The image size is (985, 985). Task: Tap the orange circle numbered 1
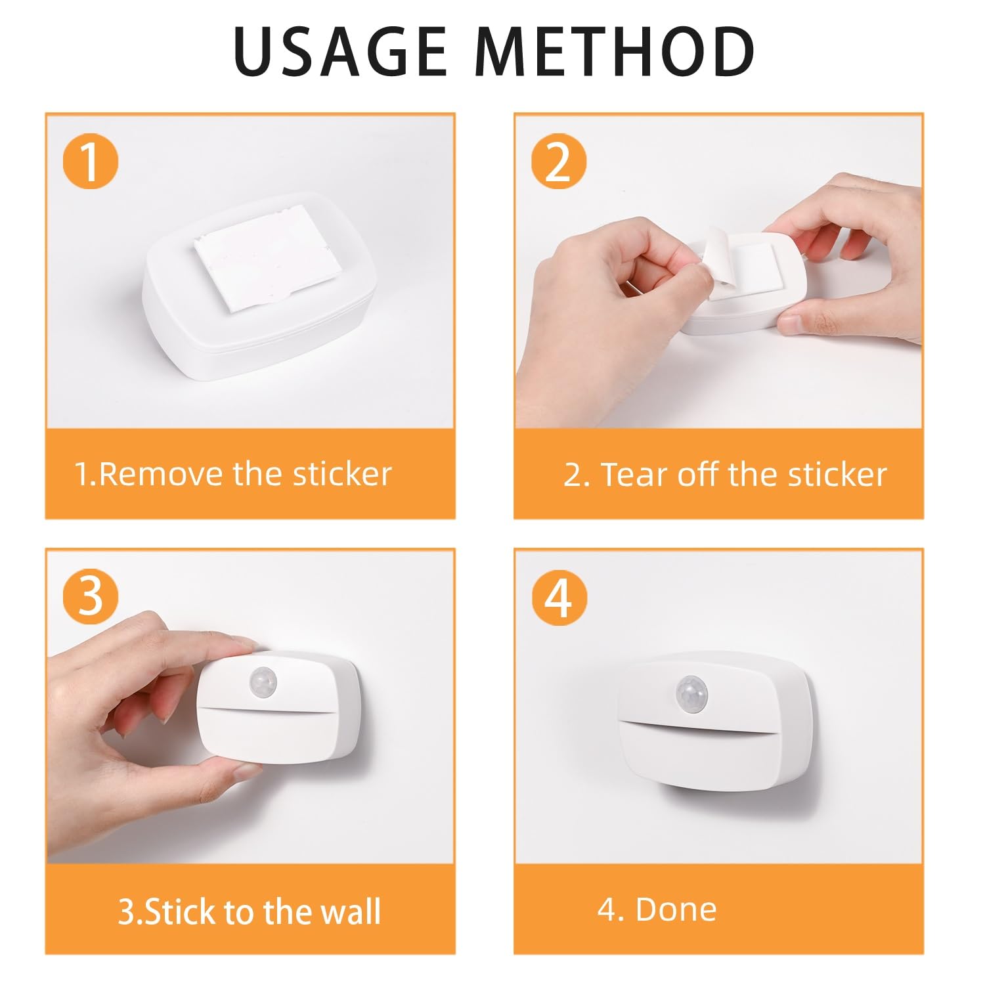91,162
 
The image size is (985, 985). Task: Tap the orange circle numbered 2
559,162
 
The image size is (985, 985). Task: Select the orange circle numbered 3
91,596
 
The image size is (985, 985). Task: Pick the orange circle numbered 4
559,598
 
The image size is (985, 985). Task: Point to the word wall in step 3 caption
350,911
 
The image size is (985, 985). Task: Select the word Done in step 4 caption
676,909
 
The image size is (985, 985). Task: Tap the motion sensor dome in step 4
693,691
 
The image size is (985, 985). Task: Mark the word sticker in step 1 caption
342,474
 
